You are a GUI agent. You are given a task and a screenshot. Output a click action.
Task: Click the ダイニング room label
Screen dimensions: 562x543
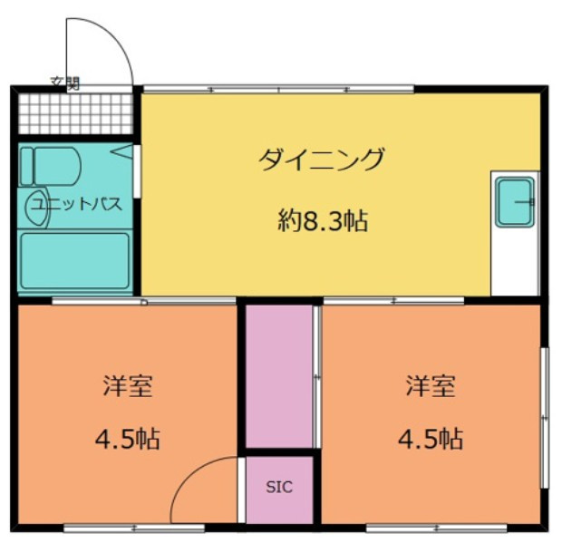[x=321, y=160]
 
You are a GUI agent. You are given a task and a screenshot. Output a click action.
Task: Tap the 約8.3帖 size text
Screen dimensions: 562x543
[x=323, y=220]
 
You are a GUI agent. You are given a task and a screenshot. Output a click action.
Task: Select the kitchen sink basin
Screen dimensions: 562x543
[x=515, y=202]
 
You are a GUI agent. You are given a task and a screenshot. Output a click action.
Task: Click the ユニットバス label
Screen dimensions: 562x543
[x=77, y=204]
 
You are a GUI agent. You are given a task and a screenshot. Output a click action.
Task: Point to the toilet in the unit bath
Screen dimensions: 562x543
[x=50, y=166]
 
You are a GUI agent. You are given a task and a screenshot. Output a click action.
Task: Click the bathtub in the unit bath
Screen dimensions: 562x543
[x=75, y=260]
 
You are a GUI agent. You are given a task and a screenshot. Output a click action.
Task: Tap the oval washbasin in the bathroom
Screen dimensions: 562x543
[x=36, y=208]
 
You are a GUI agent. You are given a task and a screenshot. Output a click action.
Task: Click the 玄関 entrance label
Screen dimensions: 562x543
[x=65, y=83]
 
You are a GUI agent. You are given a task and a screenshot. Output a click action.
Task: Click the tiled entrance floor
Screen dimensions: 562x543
[x=75, y=113]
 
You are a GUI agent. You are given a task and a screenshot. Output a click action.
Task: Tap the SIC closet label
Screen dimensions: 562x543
[x=279, y=487]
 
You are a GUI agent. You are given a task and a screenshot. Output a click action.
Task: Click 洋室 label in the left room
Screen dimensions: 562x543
[x=128, y=386]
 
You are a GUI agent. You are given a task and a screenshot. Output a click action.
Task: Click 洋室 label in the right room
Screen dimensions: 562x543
[x=431, y=386]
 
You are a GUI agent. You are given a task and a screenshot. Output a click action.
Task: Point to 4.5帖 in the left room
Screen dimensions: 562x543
[x=128, y=439]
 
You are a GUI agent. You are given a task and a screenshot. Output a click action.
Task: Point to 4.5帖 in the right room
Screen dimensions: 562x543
[x=431, y=439]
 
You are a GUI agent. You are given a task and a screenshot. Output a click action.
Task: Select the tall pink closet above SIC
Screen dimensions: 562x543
[x=279, y=376]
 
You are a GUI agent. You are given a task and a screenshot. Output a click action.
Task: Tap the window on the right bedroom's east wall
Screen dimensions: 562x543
[x=544, y=418]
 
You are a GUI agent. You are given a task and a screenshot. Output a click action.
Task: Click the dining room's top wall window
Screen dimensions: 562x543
[x=279, y=89]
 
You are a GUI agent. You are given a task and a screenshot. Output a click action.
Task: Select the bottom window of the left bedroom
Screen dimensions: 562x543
[x=134, y=528]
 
